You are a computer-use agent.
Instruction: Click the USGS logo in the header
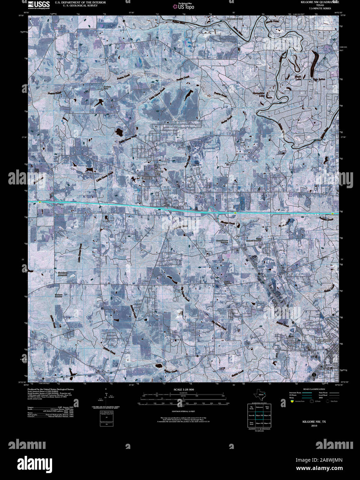(39, 4)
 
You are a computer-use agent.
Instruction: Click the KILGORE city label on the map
(323, 340)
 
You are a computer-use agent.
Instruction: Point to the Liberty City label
(158, 173)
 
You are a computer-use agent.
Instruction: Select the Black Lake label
(298, 78)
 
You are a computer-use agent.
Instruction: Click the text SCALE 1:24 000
(184, 390)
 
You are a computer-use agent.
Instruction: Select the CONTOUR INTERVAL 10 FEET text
(184, 412)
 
